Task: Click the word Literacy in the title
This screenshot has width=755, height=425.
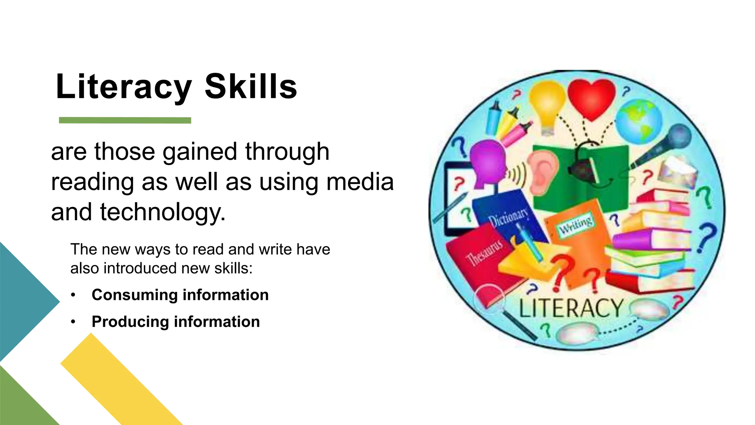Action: click(123, 87)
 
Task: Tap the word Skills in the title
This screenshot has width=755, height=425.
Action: click(251, 87)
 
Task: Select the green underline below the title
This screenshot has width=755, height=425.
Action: click(125, 120)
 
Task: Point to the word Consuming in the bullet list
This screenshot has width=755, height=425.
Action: click(135, 295)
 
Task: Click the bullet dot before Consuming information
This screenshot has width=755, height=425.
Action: click(73, 295)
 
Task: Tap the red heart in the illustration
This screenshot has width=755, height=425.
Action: click(591, 98)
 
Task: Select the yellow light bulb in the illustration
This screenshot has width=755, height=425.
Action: click(547, 105)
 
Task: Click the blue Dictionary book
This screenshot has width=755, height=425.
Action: click(509, 218)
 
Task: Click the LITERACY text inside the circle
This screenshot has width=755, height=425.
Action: click(571, 308)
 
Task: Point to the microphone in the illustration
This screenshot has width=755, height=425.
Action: click(664, 144)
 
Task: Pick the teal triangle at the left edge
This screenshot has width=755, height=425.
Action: click(22, 302)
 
